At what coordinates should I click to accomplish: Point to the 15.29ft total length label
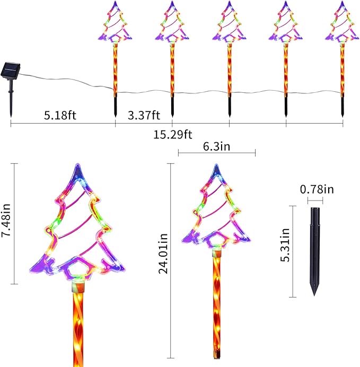coord(173,135)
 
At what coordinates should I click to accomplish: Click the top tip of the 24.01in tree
coord(216,165)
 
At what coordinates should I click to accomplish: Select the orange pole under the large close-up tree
coord(78,329)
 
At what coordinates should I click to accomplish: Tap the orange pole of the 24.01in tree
coord(216,308)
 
